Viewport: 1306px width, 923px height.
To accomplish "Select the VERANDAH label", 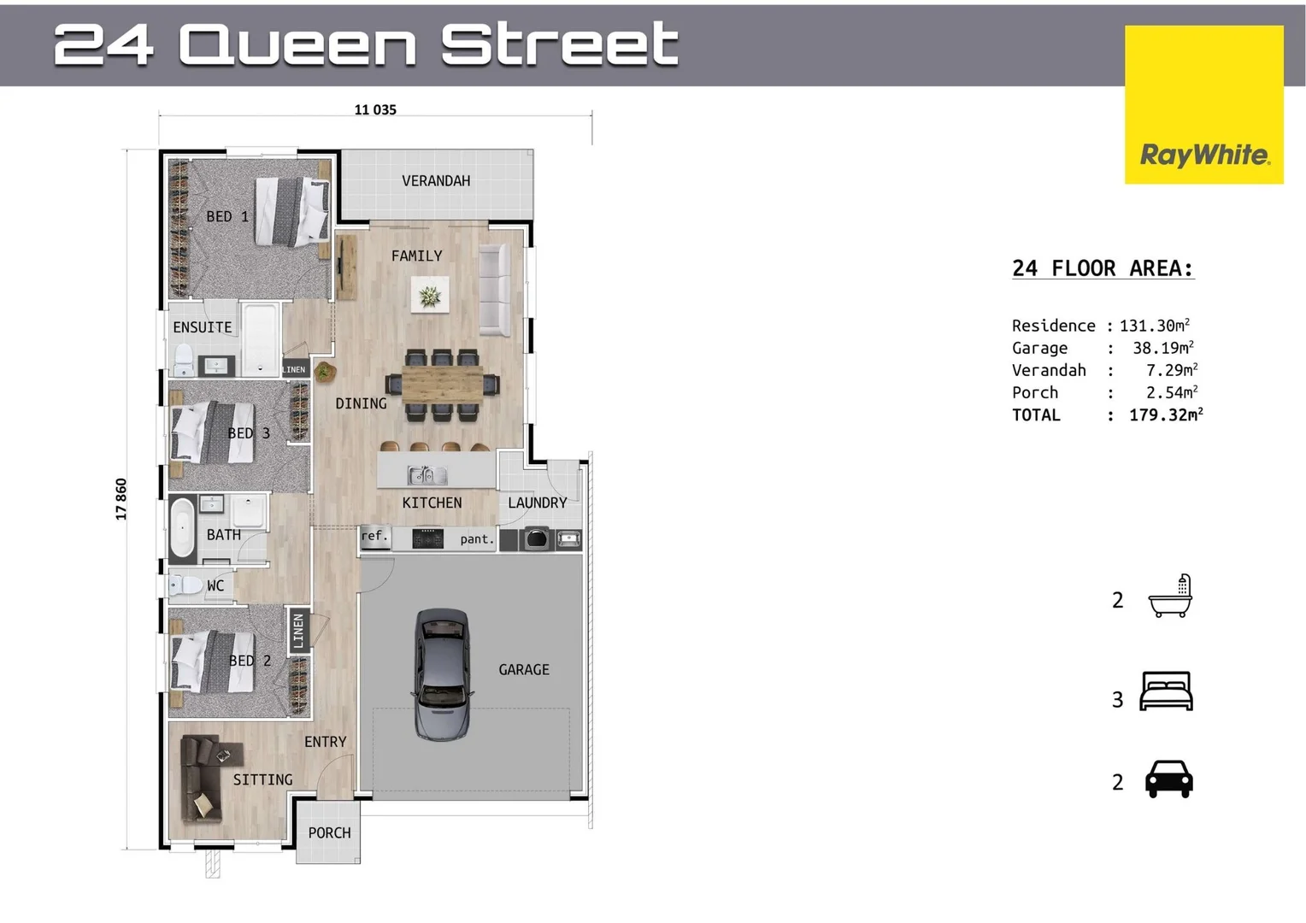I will coord(436,181).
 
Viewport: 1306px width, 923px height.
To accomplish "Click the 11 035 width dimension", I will coord(375,109).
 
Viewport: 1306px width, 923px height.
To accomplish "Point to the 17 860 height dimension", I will coord(121,499).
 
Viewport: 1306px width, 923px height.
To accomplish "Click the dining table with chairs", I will coord(442,385).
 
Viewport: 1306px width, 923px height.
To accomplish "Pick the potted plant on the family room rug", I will coord(430,296).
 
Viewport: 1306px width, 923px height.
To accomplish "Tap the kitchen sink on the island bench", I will coord(427,475).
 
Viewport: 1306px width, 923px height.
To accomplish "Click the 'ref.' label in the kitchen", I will coord(373,537).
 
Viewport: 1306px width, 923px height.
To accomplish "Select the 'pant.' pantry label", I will coord(477,539).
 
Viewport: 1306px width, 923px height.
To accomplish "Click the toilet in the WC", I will coord(184,585).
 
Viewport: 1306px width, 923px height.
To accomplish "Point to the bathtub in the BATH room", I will coord(182,527).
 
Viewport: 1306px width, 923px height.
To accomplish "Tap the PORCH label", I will coord(329,832).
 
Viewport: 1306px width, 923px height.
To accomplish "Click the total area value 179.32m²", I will coord(1165,414).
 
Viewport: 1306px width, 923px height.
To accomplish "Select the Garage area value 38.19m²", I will coord(1162,348).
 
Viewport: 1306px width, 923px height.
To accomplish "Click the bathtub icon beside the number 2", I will coord(1170,597).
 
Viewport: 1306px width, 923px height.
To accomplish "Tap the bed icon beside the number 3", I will coord(1167,691).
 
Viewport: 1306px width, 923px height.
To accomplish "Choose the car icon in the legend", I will coord(1168,779).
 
